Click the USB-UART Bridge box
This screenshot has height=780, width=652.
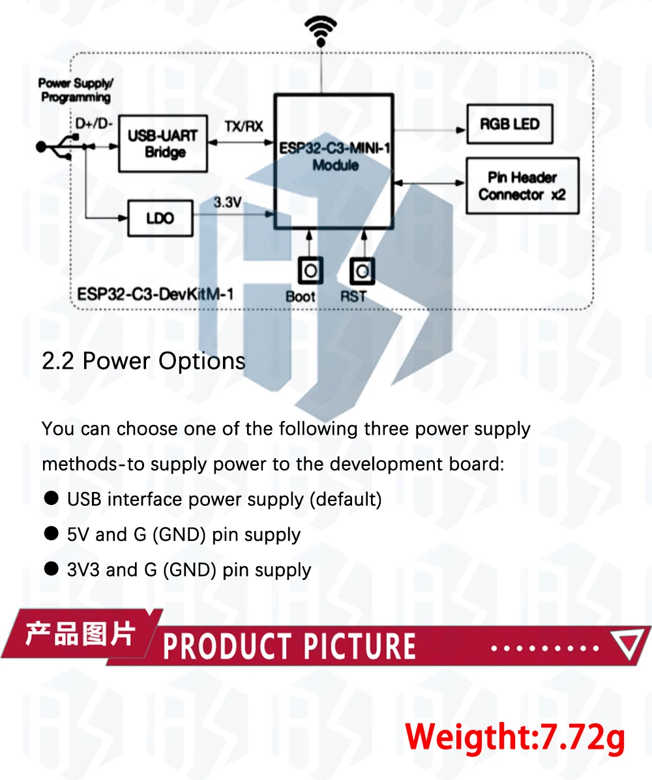(x=162, y=143)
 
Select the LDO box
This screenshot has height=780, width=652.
(x=160, y=218)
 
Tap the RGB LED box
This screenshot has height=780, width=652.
(x=509, y=124)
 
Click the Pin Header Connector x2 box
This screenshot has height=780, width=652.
(x=522, y=186)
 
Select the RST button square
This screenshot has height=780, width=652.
(x=362, y=270)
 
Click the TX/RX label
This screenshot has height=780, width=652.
(x=243, y=126)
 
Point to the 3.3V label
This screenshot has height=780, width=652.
(x=228, y=203)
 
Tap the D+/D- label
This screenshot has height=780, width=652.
(x=94, y=123)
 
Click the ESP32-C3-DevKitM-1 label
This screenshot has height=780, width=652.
(x=155, y=294)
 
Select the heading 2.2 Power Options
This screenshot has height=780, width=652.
(x=143, y=361)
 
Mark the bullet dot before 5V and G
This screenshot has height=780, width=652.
(x=51, y=534)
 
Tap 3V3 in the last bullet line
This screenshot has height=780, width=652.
(x=83, y=570)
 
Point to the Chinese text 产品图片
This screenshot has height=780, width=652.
(x=80, y=633)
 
